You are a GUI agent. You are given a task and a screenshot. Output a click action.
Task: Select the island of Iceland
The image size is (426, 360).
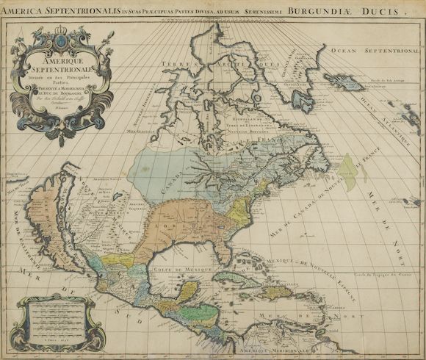pyautogui.click(x=344, y=82)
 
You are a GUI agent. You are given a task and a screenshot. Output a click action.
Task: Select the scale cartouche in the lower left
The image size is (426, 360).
pyautogui.click(x=62, y=321)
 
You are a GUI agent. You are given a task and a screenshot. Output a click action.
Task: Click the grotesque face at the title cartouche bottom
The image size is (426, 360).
pyautogui.click(x=61, y=132)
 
